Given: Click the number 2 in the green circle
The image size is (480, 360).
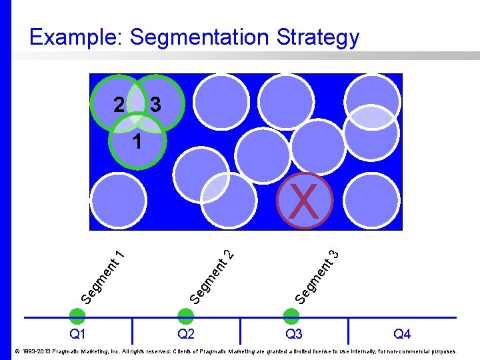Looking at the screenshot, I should point(119,105).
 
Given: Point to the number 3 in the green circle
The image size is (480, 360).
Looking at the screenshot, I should point(155,105).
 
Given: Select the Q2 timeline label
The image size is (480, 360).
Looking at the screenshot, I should point(186,333).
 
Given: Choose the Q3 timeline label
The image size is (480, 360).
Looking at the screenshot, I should point(293,333).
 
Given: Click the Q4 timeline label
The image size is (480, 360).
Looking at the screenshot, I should point(402,333).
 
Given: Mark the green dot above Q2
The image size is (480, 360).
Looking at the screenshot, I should point(186,316).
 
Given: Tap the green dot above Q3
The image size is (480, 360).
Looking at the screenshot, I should point(292,316).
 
